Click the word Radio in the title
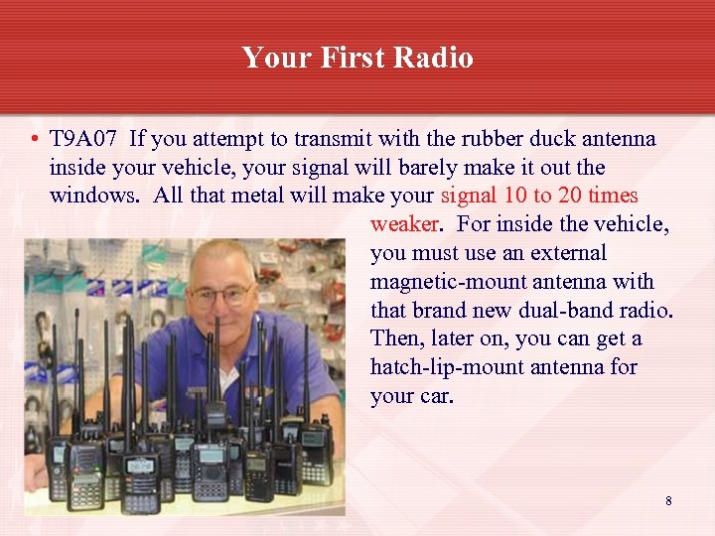(434, 58)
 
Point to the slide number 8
(668, 501)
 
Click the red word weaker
(404, 224)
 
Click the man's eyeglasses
(220, 295)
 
